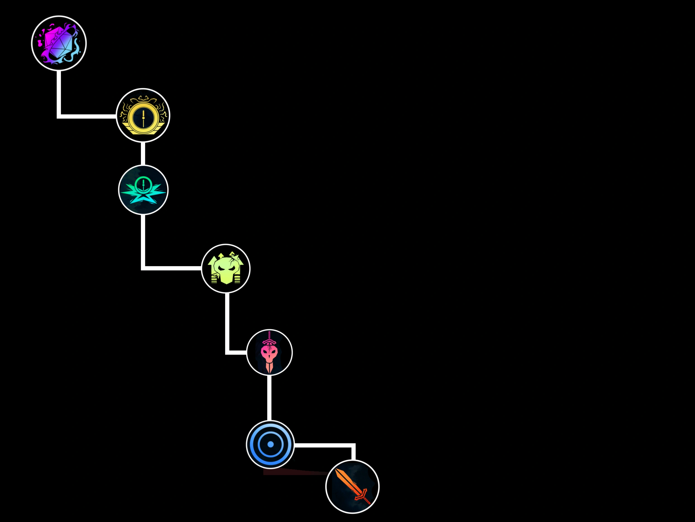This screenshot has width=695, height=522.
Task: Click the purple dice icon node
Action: tap(59, 43)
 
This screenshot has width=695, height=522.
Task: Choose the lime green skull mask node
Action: tap(226, 268)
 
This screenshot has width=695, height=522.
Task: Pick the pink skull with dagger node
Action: tap(269, 352)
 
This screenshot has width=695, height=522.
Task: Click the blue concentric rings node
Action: tap(270, 444)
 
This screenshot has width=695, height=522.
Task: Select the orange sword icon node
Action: tap(352, 486)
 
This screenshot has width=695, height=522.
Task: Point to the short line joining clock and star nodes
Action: tap(143, 154)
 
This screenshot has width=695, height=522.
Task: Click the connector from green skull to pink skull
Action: tap(227, 324)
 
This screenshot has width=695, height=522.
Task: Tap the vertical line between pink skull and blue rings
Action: tap(269, 398)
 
